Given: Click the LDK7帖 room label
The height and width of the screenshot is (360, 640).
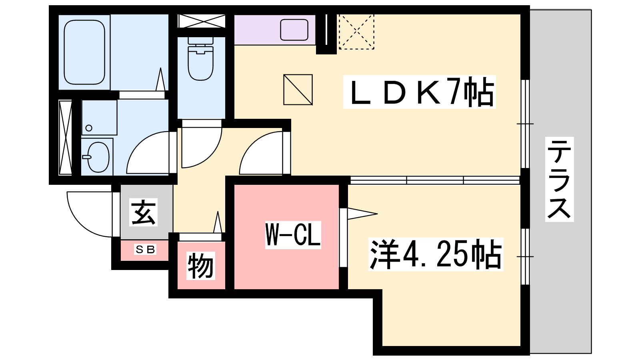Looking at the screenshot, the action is [x=419, y=92].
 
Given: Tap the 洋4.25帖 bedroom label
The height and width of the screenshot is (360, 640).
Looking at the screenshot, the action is [x=436, y=254].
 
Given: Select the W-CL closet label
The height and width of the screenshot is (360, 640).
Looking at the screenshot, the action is [x=293, y=235].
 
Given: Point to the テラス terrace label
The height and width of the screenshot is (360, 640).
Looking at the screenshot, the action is [x=559, y=179].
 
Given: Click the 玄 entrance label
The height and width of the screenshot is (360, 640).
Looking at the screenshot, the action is [x=144, y=212].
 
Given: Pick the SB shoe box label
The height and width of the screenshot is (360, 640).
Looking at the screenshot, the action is [x=145, y=250].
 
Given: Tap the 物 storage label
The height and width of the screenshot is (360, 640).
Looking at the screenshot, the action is [x=200, y=266].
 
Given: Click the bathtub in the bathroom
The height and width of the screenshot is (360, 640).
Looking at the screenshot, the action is [x=84, y=52].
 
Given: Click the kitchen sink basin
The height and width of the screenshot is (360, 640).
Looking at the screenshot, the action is [x=294, y=30].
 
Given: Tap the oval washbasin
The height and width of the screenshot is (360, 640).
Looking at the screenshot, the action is [x=98, y=157].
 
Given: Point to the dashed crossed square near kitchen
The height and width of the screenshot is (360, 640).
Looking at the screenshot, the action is [x=356, y=32].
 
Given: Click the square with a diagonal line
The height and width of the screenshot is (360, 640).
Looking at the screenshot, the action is [x=298, y=90].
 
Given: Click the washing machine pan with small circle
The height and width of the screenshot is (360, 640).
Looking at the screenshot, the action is [x=100, y=118].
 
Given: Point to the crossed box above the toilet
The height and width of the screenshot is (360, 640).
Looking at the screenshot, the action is [x=202, y=21].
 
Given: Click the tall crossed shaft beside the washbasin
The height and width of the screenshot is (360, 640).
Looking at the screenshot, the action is [x=65, y=138].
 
